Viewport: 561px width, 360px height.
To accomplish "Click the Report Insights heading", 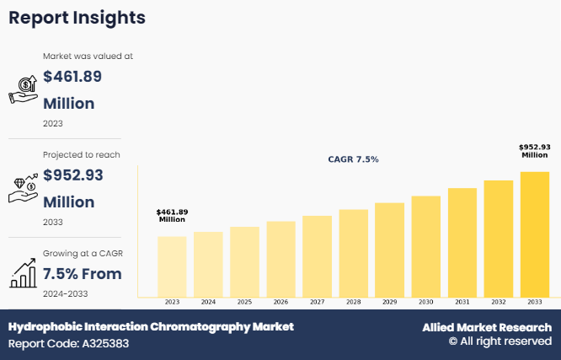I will (x=77, y=18).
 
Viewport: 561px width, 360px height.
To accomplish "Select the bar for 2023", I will (x=172, y=266).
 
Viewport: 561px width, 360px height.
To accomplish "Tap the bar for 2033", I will (x=534, y=234).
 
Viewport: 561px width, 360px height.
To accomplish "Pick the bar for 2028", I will (x=353, y=253).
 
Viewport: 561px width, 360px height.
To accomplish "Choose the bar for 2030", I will (x=425, y=246).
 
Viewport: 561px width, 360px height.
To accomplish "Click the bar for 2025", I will (x=244, y=261).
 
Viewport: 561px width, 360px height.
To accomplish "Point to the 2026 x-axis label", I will (x=280, y=301).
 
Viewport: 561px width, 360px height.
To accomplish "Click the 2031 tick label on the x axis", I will (x=462, y=301).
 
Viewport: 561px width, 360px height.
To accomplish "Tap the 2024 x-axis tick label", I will (x=208, y=301).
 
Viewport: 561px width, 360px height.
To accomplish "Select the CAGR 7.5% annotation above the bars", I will (x=353, y=159).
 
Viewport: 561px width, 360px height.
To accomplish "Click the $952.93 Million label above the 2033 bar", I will (x=534, y=151).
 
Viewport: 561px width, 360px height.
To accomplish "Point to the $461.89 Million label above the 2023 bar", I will (x=172, y=215).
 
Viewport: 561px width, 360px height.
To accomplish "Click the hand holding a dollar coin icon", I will (x=23, y=89).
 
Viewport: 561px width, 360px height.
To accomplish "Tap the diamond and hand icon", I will (x=23, y=188).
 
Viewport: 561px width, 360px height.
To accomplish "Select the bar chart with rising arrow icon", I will (x=23, y=272).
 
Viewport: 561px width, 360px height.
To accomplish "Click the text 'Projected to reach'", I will (x=82, y=154).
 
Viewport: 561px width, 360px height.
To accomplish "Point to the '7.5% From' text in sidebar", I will (x=83, y=274).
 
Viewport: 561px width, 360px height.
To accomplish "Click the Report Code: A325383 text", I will (x=69, y=344).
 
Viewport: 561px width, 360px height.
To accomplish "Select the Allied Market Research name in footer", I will (x=487, y=327).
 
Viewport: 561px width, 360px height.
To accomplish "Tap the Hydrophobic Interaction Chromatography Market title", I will (x=152, y=326).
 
